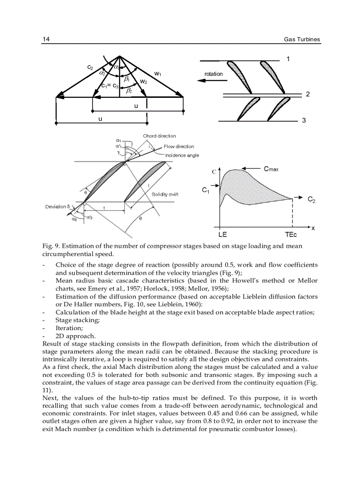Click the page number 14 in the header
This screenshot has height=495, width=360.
[x=46, y=40]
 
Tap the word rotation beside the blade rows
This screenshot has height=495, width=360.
[x=214, y=74]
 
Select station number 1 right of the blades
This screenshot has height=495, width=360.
[x=288, y=59]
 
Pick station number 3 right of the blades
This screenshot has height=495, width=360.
[x=304, y=120]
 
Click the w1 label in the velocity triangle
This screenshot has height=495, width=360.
[x=157, y=74]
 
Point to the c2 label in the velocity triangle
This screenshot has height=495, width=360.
[x=90, y=67]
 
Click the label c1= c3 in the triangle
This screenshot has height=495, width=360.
[x=110, y=86]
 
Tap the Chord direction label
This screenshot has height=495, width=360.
[x=159, y=136]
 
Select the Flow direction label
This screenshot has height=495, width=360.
[x=179, y=146]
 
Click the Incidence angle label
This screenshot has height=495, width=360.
[x=182, y=155]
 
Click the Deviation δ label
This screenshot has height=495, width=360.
[x=58, y=206]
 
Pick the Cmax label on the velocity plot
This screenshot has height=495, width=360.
[x=271, y=168]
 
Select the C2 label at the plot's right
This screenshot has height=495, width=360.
[x=311, y=199]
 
